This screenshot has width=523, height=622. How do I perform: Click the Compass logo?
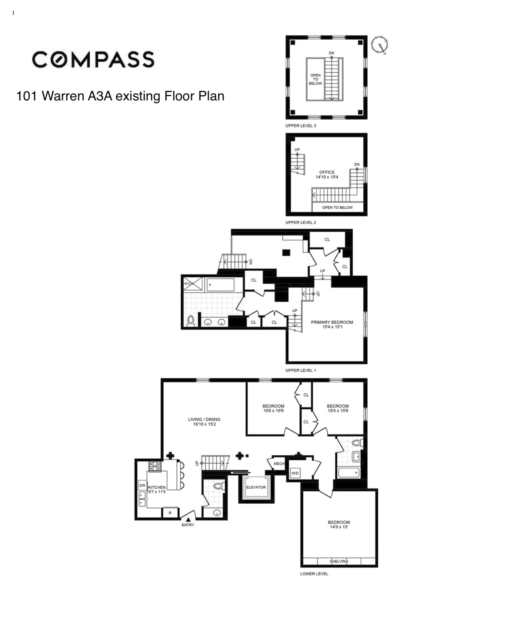[x=93, y=60]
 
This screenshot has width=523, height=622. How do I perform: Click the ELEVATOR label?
[x=256, y=487]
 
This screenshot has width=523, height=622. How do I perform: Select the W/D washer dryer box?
[x=295, y=473]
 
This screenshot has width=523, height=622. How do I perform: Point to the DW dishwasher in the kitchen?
[x=142, y=485]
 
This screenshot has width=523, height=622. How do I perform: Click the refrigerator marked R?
[x=170, y=513]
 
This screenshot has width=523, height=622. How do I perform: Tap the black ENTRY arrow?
[x=188, y=520]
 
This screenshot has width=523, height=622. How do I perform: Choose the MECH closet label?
[x=279, y=464]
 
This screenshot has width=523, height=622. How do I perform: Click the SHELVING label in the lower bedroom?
[x=339, y=561]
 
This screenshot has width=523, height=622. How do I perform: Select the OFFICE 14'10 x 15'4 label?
[x=327, y=175]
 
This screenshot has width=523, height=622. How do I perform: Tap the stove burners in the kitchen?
[x=155, y=466]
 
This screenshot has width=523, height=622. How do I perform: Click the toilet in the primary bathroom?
[x=191, y=321]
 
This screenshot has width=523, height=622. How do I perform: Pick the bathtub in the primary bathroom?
[x=220, y=285]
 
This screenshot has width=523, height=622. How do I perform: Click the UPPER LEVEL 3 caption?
[x=301, y=126]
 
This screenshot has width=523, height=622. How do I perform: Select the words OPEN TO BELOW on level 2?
[x=337, y=207]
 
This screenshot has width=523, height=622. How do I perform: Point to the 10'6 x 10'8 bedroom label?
[x=274, y=410]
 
